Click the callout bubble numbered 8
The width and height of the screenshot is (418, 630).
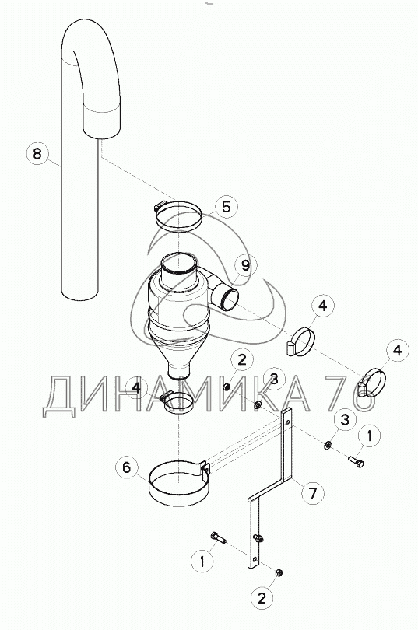[x=37, y=153]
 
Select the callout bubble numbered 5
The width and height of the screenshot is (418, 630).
[x=227, y=207]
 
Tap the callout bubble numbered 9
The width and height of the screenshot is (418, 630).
[x=245, y=265]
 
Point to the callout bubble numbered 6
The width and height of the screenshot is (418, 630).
[x=127, y=467]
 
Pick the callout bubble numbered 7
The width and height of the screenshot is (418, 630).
[x=313, y=492]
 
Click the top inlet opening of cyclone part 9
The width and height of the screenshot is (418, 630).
[x=179, y=265]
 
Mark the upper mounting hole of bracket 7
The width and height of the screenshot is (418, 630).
[x=287, y=422]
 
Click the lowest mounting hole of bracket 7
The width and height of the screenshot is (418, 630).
[x=255, y=559]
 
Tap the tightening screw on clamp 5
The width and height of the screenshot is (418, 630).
[x=160, y=206]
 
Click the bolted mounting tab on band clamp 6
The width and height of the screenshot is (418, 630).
[x=205, y=469]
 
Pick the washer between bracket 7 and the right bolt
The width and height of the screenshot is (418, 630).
[x=328, y=445]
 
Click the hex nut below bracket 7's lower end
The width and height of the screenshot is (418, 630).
[x=277, y=572]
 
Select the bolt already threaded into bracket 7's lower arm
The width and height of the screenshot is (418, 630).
[x=258, y=537]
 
